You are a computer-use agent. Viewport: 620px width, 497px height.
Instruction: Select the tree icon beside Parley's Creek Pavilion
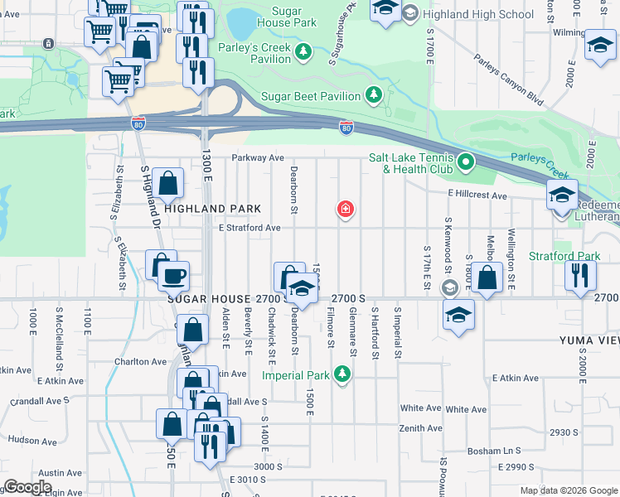click(304, 52)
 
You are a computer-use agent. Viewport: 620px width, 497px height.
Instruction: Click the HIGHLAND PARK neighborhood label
click(212, 209)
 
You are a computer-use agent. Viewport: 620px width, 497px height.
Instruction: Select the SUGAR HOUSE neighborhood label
click(207, 298)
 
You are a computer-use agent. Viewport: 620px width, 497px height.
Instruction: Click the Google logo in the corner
click(27, 487)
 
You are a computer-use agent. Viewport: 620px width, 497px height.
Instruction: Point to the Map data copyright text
click(569, 490)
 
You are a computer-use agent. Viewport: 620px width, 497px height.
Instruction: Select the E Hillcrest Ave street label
click(477, 195)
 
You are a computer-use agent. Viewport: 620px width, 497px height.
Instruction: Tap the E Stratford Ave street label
click(249, 228)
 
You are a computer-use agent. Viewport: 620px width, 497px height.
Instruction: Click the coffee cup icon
click(173, 275)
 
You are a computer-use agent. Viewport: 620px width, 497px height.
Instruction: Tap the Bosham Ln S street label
click(493, 451)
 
